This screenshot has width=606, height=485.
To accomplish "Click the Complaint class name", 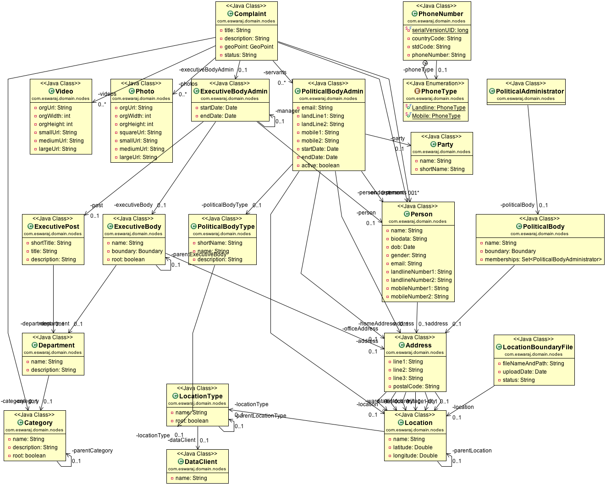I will coord(250,14).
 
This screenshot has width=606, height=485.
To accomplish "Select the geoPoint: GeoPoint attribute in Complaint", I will coord(249,47).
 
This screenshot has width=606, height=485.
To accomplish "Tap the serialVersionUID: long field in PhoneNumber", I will coord(440,30).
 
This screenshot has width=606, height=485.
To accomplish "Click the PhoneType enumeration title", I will coord(439,91).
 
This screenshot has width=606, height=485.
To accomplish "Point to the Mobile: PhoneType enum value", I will coord(436,116).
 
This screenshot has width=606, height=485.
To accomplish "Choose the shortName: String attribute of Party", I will coord(442,169).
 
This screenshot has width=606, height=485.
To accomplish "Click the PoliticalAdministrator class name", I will coord(529,91).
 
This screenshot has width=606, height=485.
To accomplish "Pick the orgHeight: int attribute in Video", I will coord(55,124).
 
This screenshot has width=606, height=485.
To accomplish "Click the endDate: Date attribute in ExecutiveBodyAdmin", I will coord(219,116).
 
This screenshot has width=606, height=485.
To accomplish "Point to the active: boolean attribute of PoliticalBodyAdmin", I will coord(320,165).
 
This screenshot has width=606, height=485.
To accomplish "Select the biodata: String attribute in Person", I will coord(408,239).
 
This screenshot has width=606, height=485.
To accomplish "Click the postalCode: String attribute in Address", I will coord(416,386).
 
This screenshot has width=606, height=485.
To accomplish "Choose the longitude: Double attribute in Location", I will coord(415,456).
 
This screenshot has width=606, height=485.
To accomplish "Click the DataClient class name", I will coord(201,462).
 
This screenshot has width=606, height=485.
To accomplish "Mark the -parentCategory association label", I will coord(92,451).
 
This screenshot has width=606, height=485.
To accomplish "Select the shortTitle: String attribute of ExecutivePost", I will coord(51,243).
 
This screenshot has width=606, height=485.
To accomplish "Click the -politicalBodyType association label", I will coord(225,205).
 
